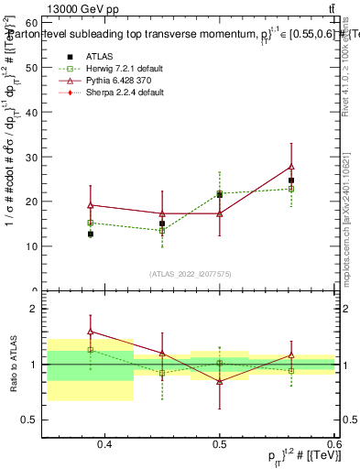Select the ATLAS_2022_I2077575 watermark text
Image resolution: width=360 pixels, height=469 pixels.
tap(191, 274)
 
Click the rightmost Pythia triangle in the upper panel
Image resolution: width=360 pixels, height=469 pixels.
tap(291, 167)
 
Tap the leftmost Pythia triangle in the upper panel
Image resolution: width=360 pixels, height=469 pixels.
tap(90, 205)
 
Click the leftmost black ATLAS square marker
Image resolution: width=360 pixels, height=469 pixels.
tap(90, 234)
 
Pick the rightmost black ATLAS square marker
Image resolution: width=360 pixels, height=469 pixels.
tap(291, 180)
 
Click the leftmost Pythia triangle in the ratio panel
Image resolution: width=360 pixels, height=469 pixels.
tap(90, 332)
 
